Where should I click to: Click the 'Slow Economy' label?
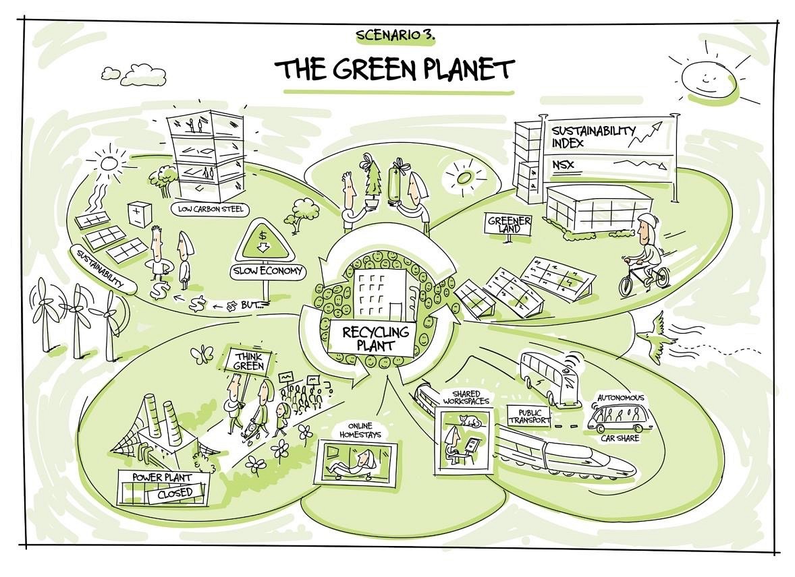click(x=268, y=272)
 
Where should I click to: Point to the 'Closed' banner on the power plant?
click(x=175, y=493)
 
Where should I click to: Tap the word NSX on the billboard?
click(x=565, y=164)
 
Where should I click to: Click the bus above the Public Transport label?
click(x=549, y=377)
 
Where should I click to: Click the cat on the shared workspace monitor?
click(x=467, y=421)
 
